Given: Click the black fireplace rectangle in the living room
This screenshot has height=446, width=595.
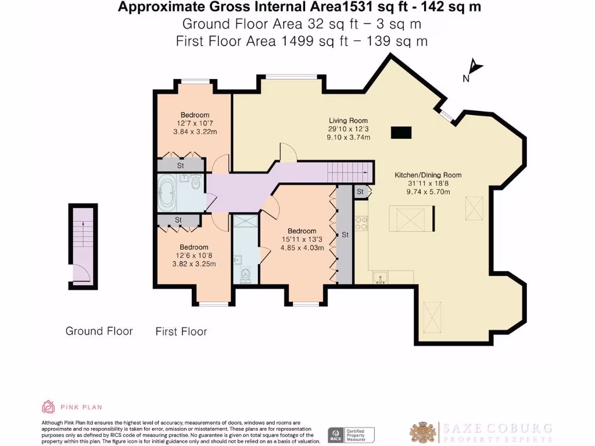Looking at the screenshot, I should (401, 133).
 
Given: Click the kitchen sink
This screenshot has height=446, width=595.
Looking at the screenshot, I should (381, 277).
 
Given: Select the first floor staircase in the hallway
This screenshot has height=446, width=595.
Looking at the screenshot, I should (349, 172).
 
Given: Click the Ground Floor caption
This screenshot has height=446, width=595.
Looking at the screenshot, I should (99, 331).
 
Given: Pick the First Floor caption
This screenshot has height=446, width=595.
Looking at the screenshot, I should (181, 332).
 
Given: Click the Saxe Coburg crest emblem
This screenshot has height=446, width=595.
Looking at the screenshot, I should (423, 431).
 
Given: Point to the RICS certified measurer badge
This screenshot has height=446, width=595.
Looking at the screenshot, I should (351, 434).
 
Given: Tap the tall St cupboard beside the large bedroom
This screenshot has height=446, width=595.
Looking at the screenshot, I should (345, 235).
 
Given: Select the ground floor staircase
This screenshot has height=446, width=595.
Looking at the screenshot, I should (82, 238).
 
